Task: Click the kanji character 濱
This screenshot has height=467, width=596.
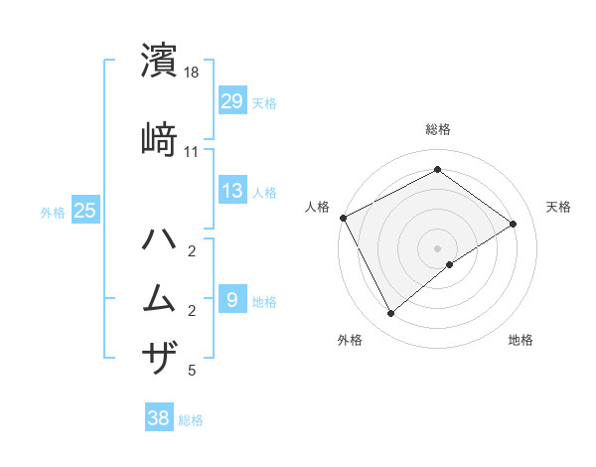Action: pyautogui.click(x=160, y=61)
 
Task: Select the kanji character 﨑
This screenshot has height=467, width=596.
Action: pyautogui.click(x=160, y=140)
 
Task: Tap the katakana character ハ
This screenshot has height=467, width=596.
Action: pyautogui.click(x=160, y=239)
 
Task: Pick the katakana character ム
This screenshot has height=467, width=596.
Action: pyautogui.click(x=160, y=297)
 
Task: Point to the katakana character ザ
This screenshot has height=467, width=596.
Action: pyautogui.click(x=160, y=357)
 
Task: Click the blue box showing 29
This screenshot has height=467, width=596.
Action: pyautogui.click(x=232, y=101)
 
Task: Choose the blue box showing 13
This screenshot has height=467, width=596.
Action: pyautogui.click(x=232, y=192)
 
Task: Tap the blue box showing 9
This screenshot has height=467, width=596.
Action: pyautogui.click(x=232, y=299)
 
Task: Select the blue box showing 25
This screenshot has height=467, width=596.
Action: pyautogui.click(x=85, y=211)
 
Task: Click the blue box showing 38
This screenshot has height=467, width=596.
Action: pyautogui.click(x=159, y=418)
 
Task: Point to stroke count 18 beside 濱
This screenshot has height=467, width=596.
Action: pyautogui.click(x=193, y=73)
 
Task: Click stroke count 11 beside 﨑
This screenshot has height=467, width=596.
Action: pyautogui.click(x=192, y=152)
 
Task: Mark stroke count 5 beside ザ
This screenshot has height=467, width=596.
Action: pyautogui.click(x=192, y=371)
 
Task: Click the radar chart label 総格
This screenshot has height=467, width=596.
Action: pyautogui.click(x=438, y=129)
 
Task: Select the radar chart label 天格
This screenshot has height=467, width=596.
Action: pyautogui.click(x=558, y=207)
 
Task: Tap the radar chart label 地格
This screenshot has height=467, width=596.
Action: pyautogui.click(x=521, y=340)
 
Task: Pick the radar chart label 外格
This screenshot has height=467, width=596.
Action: pyautogui.click(x=350, y=340)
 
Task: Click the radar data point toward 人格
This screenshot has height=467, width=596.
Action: pyautogui.click(x=343, y=218)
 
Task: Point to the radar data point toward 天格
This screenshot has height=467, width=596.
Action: pyautogui.click(x=514, y=224)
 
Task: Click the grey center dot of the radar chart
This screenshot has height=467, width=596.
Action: pyautogui.click(x=438, y=247)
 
